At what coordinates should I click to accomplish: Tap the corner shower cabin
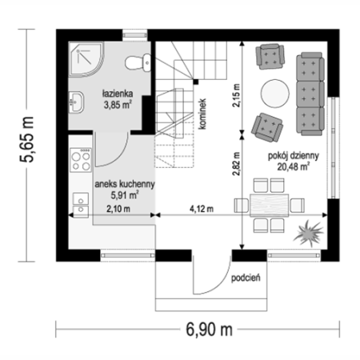pos(86,59)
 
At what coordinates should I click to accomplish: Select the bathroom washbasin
pos(76,102)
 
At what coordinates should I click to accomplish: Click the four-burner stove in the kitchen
pos(81,160)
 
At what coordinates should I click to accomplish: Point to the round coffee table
pos(274,94)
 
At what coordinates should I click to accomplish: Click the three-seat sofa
pos(310,94)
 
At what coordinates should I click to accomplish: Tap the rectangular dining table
pos(270,206)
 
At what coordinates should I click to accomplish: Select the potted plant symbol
pos(309,234)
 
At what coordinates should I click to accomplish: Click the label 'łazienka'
pos(118,94)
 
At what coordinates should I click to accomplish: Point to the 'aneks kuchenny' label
pos(125,184)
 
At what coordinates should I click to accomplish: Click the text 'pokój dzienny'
pos(294,155)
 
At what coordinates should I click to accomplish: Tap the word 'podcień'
pos(246,278)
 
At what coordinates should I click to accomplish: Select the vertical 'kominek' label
pos(202,114)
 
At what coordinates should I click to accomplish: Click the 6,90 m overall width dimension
pos(209,330)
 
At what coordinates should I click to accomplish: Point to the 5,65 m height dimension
pos(27,139)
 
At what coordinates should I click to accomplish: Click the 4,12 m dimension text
pos(202,209)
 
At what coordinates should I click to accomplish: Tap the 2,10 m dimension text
pos(118,209)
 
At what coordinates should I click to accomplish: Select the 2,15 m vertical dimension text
pos(236,95)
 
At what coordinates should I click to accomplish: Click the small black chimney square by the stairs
pos(196,82)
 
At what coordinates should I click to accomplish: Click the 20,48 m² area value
pos(294,166)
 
